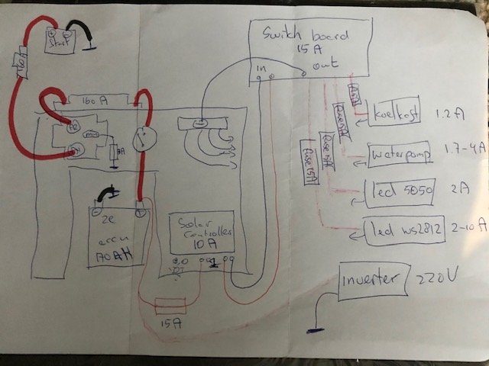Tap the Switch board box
310,46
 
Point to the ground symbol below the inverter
313,329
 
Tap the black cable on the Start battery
84,32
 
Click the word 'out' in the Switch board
322,66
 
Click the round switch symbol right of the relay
139,140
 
